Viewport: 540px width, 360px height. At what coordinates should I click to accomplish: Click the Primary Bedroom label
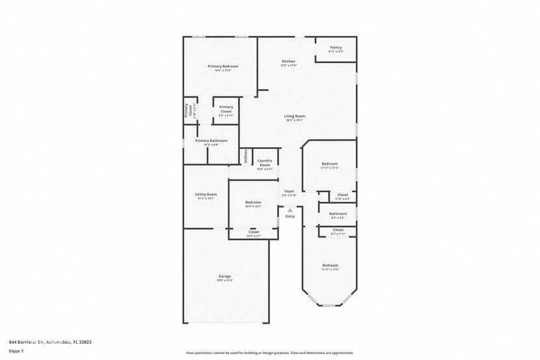pos(223,66)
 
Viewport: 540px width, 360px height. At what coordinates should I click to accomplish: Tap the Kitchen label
pos(288,62)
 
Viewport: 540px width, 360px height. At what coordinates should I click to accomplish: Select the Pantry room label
pos(336,48)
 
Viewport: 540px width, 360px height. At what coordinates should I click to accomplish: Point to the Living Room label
pos(295,117)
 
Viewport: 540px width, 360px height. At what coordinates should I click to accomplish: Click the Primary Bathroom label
pos(211,141)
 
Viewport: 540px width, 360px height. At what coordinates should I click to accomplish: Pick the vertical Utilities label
pos(246,156)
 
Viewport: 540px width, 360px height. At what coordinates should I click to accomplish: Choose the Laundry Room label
pos(265,162)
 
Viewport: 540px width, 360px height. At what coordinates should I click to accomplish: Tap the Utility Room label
pos(206,195)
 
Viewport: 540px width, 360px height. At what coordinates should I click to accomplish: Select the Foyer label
pos(290,191)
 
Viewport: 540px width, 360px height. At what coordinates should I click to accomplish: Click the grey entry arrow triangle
pos(290,210)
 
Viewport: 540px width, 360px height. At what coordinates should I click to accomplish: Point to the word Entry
pos(290,216)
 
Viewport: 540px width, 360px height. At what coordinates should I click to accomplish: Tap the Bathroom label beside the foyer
pos(338,214)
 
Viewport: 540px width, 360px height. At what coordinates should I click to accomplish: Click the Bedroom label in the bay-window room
pos(330,265)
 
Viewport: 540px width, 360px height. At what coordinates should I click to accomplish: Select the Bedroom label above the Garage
pos(253,202)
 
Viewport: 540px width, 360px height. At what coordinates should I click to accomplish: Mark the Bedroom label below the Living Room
pos(329,163)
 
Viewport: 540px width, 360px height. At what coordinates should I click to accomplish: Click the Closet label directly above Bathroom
pos(342,195)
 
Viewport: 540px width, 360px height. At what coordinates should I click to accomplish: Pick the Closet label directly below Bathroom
pos(338,230)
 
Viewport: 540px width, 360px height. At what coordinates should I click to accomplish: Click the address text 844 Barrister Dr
pos(33,342)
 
